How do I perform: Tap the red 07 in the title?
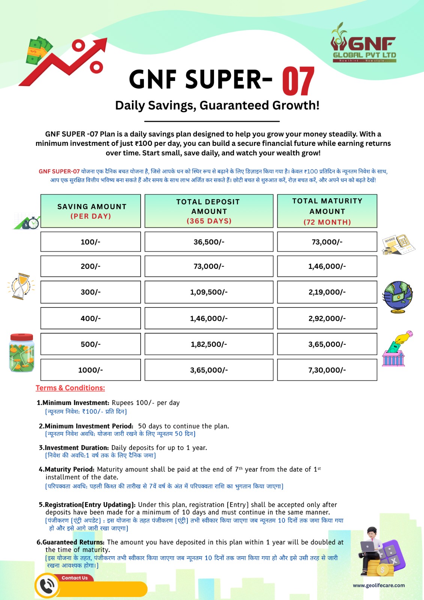[298, 81]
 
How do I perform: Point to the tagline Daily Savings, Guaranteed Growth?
[217, 105]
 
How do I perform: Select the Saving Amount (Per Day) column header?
[91, 211]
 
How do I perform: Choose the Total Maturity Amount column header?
[327, 211]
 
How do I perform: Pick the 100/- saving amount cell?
[91, 242]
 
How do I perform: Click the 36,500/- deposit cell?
[209, 242]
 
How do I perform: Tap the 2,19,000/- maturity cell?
[327, 292]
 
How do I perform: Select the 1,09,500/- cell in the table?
[209, 292]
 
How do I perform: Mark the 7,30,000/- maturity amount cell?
[327, 370]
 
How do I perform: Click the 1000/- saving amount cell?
[91, 370]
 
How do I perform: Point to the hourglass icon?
[21, 286]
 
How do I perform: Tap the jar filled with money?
[22, 353]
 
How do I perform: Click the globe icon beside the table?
[397, 297]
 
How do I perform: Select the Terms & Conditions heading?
[70, 388]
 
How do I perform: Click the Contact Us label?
[75, 578]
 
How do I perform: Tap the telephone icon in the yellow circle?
[47, 586]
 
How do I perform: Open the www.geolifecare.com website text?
[379, 585]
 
